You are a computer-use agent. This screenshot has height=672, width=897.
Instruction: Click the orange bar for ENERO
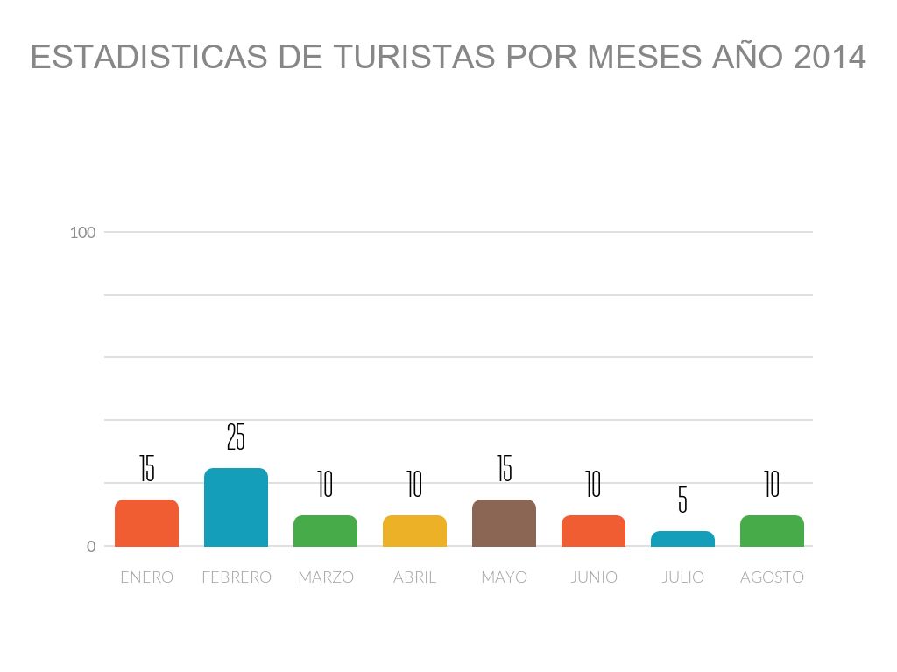click(146, 523)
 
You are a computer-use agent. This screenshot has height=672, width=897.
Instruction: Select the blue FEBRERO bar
click(236, 507)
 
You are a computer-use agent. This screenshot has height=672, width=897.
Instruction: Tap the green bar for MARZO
click(325, 531)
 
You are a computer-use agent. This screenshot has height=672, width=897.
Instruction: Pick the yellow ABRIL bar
click(414, 531)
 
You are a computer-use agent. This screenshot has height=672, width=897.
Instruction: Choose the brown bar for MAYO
click(504, 523)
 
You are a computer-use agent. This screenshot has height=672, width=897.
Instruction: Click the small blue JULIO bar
click(682, 539)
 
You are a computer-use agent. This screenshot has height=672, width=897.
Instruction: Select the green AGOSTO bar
click(772, 531)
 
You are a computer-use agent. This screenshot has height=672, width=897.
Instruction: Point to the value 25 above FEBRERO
click(236, 437)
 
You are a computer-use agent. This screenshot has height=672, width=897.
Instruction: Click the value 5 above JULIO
click(682, 500)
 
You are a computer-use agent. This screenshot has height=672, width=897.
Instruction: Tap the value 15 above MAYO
click(504, 468)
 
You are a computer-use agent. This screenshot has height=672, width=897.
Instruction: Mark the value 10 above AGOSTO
click(772, 484)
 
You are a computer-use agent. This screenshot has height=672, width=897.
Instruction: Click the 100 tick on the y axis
click(82, 233)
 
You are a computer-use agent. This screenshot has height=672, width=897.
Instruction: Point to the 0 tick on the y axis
click(90, 547)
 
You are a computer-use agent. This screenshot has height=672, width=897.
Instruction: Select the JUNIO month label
click(593, 577)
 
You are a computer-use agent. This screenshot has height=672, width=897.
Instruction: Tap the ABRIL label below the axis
click(414, 577)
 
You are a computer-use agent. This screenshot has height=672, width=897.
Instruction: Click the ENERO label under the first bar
click(146, 577)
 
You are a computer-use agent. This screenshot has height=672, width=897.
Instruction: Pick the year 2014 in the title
click(829, 58)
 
